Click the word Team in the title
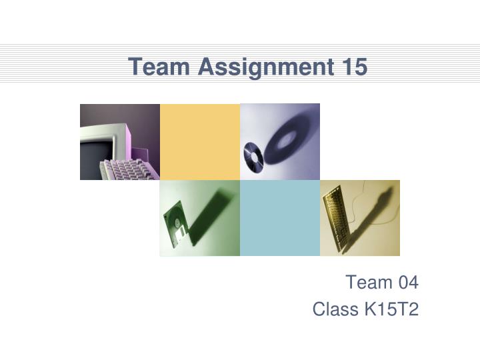(157, 67)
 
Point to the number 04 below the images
(405, 283)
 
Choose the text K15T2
(393, 310)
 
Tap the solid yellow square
(200, 141)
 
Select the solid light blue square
(280, 218)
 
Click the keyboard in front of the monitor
(127, 170)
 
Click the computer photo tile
(120, 141)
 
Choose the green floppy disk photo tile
(200, 218)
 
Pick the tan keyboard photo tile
(360, 218)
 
